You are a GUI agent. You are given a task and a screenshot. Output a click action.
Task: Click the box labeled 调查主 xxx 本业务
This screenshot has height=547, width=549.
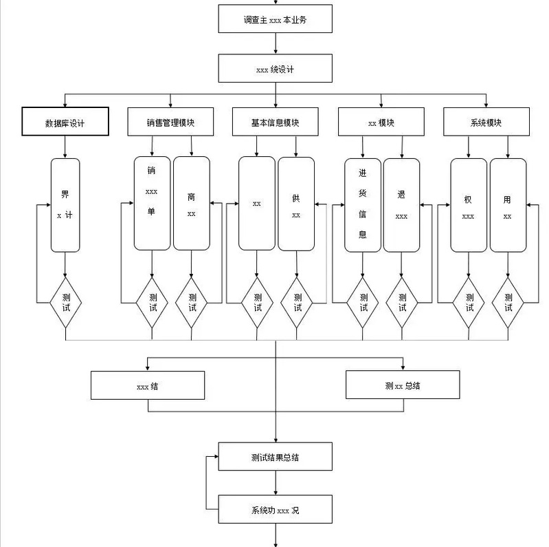(x=275, y=19)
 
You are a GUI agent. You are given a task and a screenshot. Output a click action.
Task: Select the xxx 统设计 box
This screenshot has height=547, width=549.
(x=275, y=69)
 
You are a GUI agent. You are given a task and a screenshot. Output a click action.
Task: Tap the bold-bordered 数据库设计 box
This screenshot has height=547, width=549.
(x=65, y=122)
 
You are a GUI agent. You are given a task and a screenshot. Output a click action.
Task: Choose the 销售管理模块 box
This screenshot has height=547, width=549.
(x=170, y=122)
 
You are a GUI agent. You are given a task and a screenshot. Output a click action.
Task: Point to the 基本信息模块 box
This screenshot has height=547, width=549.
(x=276, y=122)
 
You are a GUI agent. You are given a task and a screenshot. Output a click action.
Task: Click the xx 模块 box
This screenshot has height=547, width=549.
(x=381, y=122)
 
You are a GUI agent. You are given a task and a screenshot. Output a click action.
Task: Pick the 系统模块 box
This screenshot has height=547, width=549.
(x=486, y=122)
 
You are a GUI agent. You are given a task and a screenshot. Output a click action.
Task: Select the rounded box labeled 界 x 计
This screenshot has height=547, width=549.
(x=65, y=205)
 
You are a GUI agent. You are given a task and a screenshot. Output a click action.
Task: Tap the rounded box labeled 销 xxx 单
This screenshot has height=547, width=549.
(x=152, y=204)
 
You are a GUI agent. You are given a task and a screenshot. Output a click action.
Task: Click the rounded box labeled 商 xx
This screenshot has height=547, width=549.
(x=192, y=204)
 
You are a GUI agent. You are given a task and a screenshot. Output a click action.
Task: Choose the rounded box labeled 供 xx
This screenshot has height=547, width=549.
(x=296, y=204)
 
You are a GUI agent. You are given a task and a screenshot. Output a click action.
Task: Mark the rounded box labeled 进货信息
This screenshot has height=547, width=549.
(x=363, y=204)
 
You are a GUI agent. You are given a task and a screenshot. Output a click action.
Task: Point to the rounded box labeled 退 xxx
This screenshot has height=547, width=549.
(x=402, y=204)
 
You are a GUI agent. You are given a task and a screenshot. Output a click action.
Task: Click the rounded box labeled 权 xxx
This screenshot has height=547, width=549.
(x=469, y=204)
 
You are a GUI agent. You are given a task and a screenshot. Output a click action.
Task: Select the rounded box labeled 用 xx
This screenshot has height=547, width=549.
(x=508, y=204)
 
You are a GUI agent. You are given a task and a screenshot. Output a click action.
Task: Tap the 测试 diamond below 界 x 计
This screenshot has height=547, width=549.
(x=65, y=302)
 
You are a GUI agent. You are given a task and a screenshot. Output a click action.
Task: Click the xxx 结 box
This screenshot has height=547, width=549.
(x=148, y=385)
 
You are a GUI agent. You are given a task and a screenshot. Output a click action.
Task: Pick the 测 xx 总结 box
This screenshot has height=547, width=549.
(x=403, y=385)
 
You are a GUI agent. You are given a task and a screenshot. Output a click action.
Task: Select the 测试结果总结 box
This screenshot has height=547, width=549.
(x=275, y=457)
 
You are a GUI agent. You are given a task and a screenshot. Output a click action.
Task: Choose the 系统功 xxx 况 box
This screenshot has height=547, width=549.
(x=275, y=510)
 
